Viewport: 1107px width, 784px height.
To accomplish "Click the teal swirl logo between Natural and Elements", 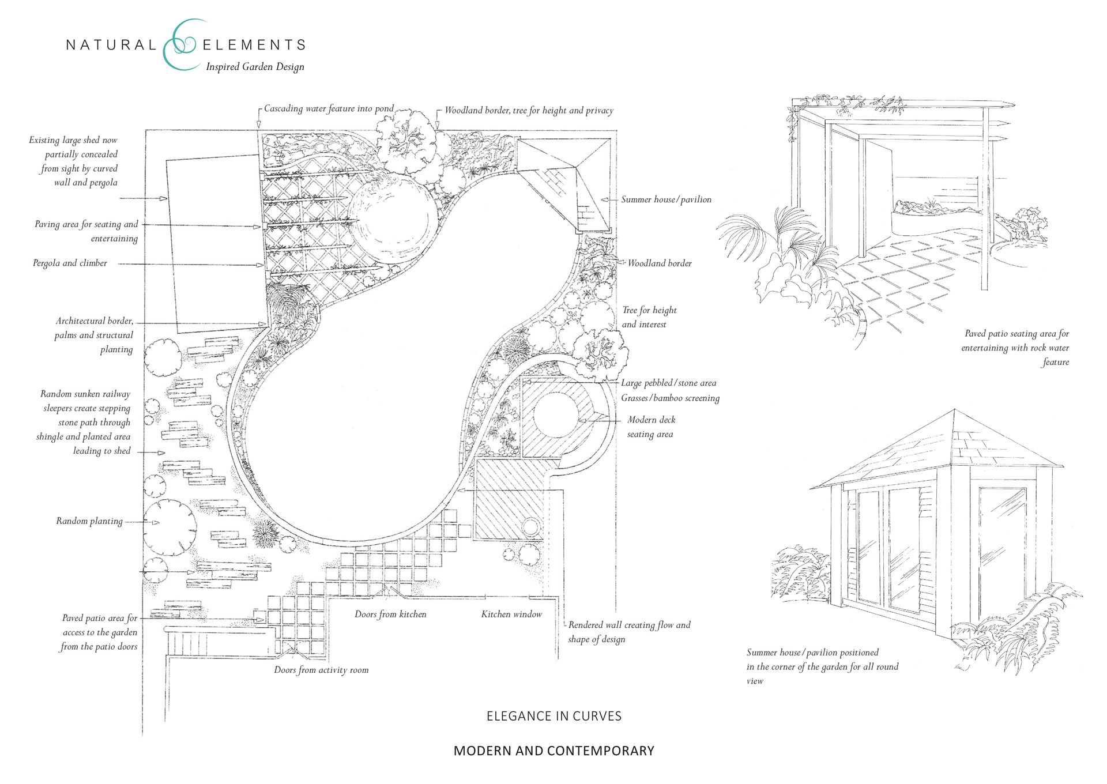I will click(x=180, y=45).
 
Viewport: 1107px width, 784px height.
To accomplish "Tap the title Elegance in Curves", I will click(x=553, y=716).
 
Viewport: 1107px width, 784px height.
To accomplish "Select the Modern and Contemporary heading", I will click(x=553, y=751).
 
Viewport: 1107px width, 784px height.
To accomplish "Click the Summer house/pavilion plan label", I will click(x=666, y=199).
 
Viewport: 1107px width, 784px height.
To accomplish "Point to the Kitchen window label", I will click(x=511, y=615).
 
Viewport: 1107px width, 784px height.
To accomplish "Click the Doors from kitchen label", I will click(x=390, y=615).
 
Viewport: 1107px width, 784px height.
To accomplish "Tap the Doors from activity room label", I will click(x=321, y=670).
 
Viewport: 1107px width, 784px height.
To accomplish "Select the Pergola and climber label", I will click(x=70, y=263).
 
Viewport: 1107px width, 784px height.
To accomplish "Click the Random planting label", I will click(x=89, y=521).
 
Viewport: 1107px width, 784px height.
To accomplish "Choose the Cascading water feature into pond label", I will click(x=329, y=109).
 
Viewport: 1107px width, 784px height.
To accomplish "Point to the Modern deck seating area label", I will click(x=651, y=427).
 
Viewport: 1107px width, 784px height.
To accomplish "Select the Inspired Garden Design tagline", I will click(x=255, y=67).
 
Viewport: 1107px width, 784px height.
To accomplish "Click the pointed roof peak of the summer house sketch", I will click(x=954, y=410).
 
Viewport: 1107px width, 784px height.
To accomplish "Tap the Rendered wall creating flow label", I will click(x=629, y=632).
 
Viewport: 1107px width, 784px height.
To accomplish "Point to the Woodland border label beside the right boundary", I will click(x=660, y=263).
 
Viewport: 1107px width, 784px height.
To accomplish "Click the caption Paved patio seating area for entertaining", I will click(x=1016, y=348).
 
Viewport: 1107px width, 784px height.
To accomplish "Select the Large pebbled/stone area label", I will click(x=668, y=383).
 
